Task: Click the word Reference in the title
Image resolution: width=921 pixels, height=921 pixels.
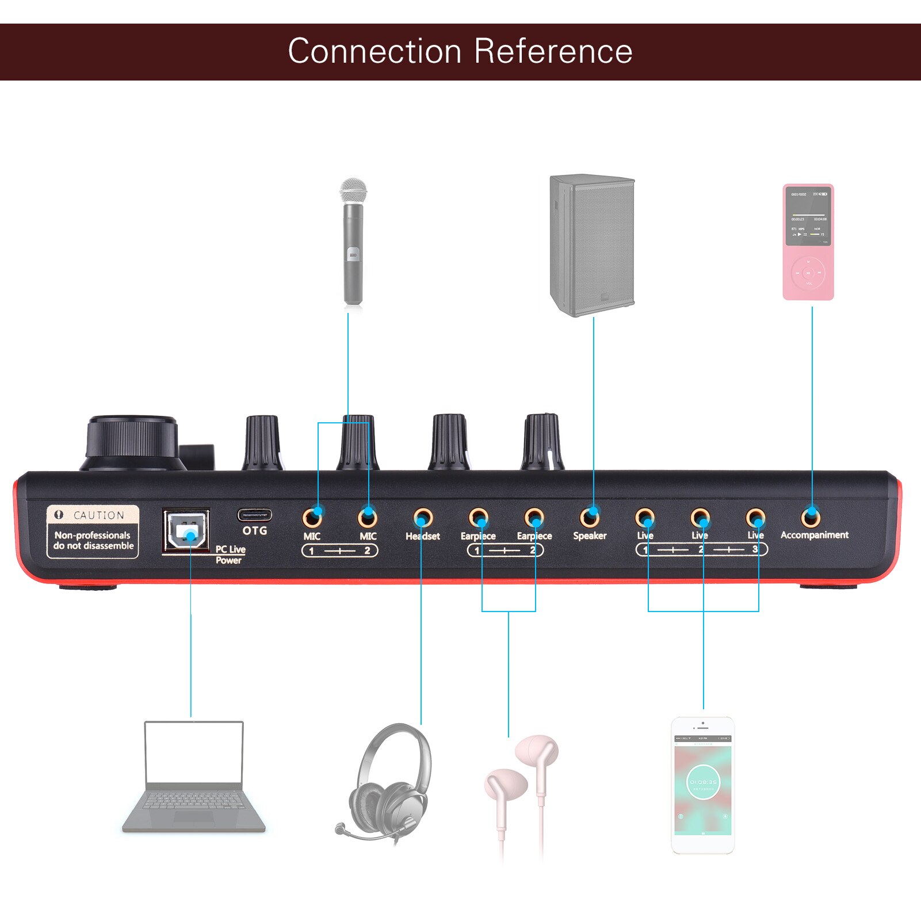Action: point(553,51)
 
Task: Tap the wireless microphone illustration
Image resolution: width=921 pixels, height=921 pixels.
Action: point(353,242)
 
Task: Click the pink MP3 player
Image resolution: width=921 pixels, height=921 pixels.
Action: point(808,242)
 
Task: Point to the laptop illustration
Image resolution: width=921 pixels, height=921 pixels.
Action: point(194,777)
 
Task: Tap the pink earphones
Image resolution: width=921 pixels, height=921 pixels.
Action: point(521,788)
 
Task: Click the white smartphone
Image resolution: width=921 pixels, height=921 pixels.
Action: point(702,785)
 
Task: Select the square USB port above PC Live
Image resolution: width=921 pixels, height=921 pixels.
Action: point(185,530)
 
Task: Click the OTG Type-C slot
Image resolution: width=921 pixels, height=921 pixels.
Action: point(254,514)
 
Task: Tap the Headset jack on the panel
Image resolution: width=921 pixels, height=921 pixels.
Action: point(423,518)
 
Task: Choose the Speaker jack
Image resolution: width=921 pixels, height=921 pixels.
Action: point(590,517)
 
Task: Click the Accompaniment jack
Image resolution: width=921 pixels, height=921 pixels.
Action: point(811,517)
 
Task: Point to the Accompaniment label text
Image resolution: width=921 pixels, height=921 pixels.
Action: point(814,535)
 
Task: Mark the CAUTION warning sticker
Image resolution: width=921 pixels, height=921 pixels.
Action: point(93,531)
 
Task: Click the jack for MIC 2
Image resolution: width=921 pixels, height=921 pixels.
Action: point(368,518)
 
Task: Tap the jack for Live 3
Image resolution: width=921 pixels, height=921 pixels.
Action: point(755,518)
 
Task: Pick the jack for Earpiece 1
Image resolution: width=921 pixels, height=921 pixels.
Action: point(478,518)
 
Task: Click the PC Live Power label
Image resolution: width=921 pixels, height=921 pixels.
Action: point(230,555)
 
